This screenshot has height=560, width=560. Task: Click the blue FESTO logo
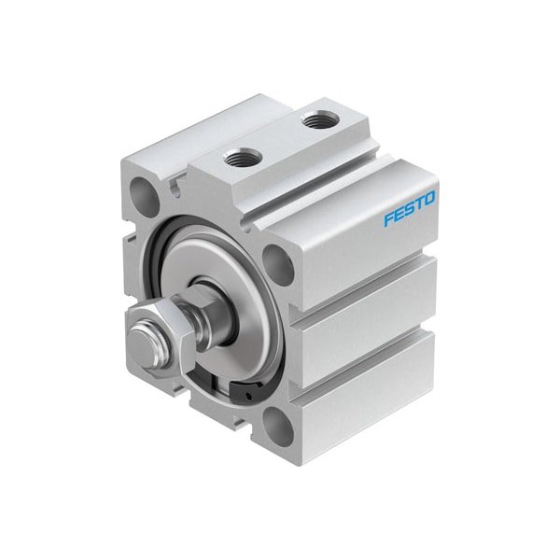(x=410, y=209)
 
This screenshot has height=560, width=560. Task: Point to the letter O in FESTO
(x=430, y=199)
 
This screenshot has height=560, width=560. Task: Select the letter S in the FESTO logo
(x=410, y=209)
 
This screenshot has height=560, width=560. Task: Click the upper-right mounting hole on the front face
(x=278, y=263)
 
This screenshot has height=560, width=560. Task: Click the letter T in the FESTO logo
(x=420, y=203)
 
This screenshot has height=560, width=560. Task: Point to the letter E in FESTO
(x=399, y=215)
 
